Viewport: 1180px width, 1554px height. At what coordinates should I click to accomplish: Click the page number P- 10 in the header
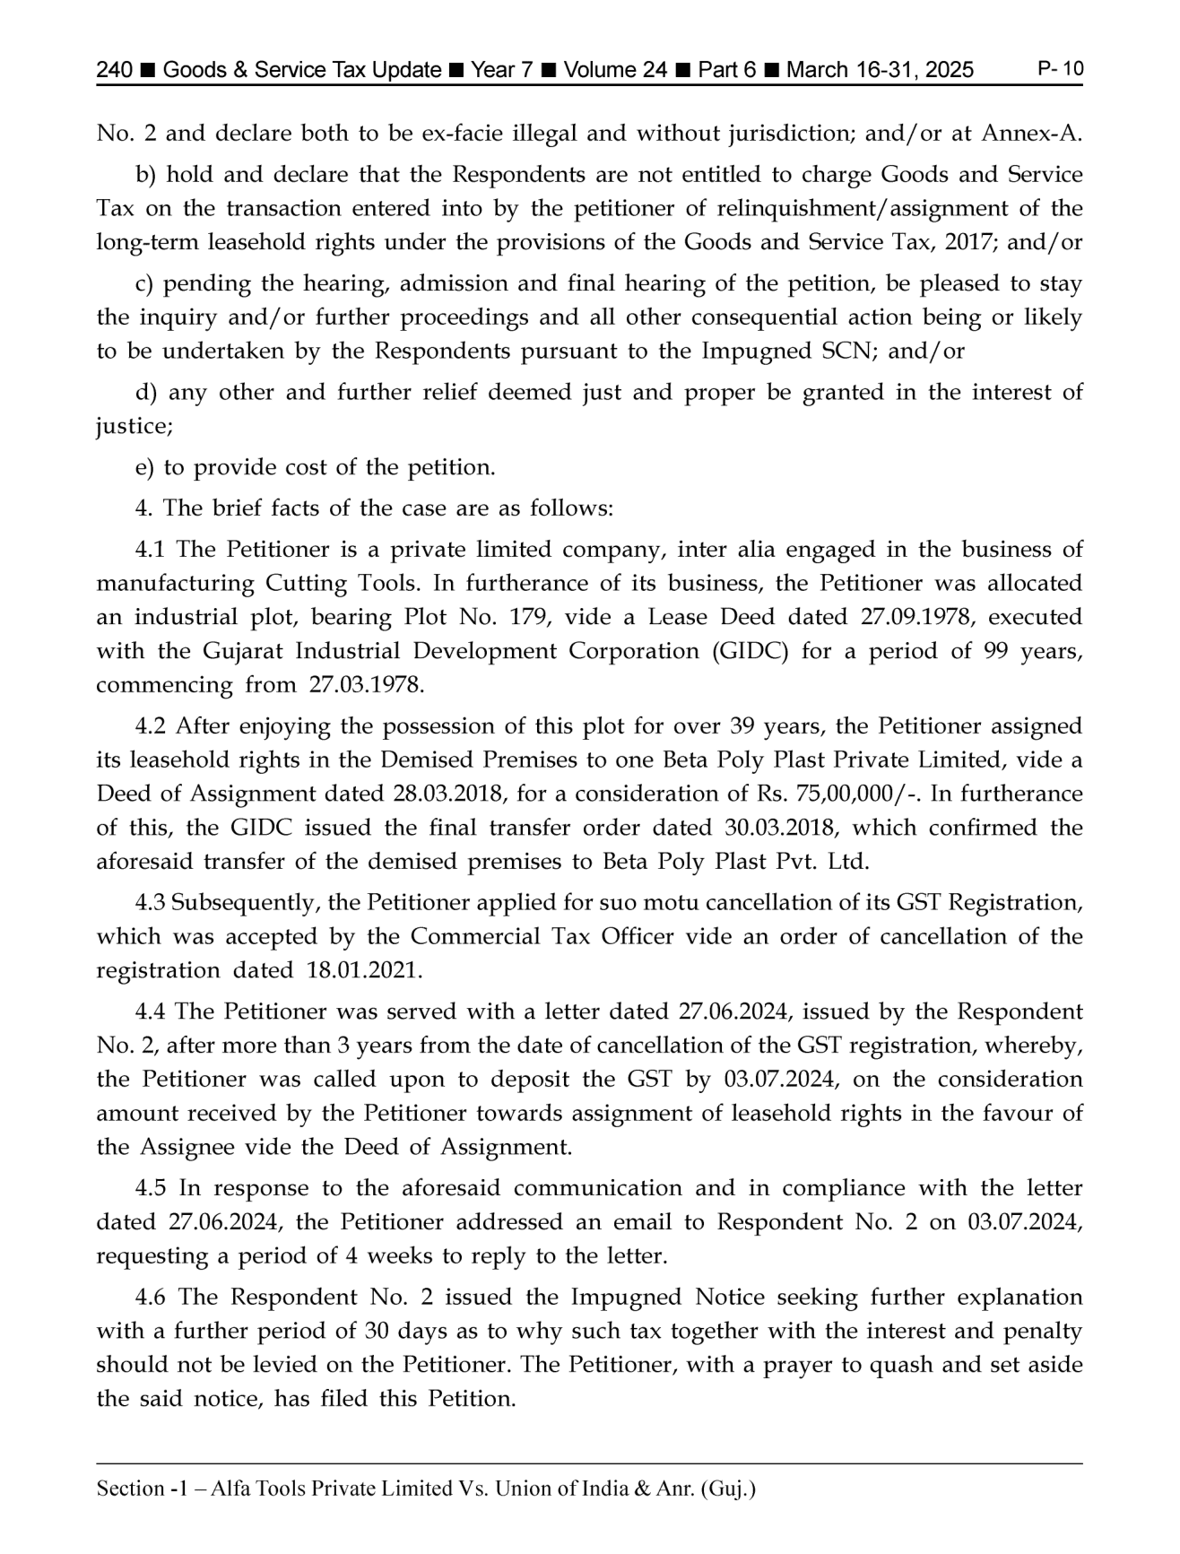(1060, 69)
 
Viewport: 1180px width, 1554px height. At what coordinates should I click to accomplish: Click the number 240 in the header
(115, 71)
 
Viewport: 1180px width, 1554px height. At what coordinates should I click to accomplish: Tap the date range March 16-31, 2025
(880, 71)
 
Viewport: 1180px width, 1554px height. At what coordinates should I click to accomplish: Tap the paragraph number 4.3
(151, 903)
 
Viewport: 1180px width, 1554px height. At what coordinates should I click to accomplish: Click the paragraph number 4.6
(151, 1298)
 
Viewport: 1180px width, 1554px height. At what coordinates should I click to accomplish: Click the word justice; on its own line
(134, 427)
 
